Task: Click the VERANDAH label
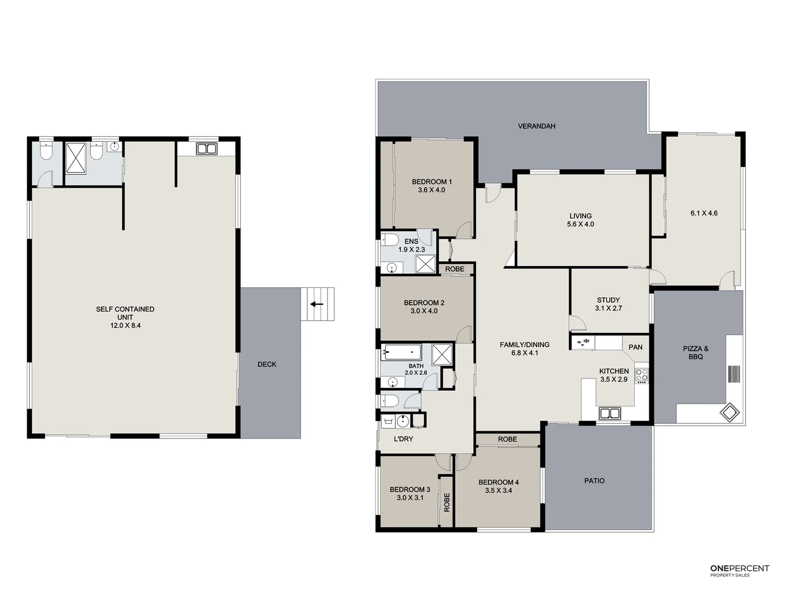(x=537, y=126)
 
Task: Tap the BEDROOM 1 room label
(x=431, y=186)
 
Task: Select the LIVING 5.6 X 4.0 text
(x=580, y=220)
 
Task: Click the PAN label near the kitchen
(x=635, y=347)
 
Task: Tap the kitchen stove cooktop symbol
(x=641, y=375)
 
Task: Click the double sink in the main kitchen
(x=609, y=413)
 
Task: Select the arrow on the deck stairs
(x=317, y=304)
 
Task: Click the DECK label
(x=267, y=364)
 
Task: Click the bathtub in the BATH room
(x=401, y=352)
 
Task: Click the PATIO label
(x=594, y=481)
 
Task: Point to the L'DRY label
(x=403, y=438)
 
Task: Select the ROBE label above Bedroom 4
(x=507, y=440)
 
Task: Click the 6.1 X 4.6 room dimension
(x=704, y=213)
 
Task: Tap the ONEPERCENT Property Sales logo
(x=739, y=570)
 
